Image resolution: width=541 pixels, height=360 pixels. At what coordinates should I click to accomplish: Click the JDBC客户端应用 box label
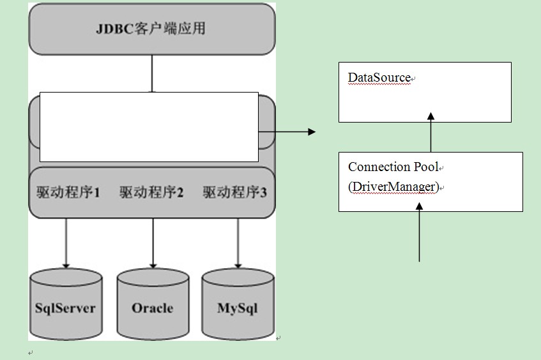pos(151,29)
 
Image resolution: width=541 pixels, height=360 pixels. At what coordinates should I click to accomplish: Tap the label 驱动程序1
pos(68,192)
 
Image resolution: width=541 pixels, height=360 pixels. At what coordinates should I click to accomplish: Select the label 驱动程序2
pos(151,192)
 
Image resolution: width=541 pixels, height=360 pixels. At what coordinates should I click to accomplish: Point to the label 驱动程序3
pos(235,192)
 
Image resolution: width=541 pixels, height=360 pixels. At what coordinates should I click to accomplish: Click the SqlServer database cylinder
pos(65,305)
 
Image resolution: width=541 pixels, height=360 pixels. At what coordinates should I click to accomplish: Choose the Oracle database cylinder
pos(153,305)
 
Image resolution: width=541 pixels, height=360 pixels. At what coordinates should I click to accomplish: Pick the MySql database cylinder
pos(238,305)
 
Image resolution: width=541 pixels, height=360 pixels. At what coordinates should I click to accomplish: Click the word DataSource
pos(379,78)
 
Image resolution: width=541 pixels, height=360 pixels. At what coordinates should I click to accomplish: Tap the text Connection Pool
pos(393,167)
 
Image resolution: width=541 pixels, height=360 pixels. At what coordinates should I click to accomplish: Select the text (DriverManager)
pos(393,186)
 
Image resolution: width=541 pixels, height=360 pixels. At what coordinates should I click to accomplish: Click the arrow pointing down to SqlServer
pos(65,243)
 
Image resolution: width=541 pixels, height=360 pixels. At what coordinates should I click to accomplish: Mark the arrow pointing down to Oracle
pos(153,243)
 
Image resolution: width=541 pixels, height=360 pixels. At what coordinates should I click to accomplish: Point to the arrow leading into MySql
pos(238,243)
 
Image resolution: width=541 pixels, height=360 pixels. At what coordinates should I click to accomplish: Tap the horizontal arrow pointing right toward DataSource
pos(287,131)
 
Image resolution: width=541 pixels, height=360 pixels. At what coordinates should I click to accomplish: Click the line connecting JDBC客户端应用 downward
pos(152,73)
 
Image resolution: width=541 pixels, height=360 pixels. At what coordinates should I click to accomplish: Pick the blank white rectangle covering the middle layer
pos(149,126)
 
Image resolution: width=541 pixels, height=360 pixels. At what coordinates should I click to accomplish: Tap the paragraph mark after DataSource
pos(413,79)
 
